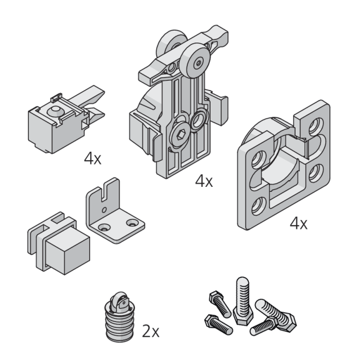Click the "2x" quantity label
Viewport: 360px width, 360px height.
[151, 331]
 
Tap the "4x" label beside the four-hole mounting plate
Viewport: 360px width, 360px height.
[299, 223]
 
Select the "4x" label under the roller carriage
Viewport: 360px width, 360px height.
[204, 181]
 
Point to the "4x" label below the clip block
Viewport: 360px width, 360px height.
[92, 159]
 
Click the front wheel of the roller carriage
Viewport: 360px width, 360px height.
[195, 61]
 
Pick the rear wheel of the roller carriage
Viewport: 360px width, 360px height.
[171, 44]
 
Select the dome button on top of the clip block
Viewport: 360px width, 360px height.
[54, 111]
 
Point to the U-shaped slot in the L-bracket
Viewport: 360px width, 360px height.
[106, 191]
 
